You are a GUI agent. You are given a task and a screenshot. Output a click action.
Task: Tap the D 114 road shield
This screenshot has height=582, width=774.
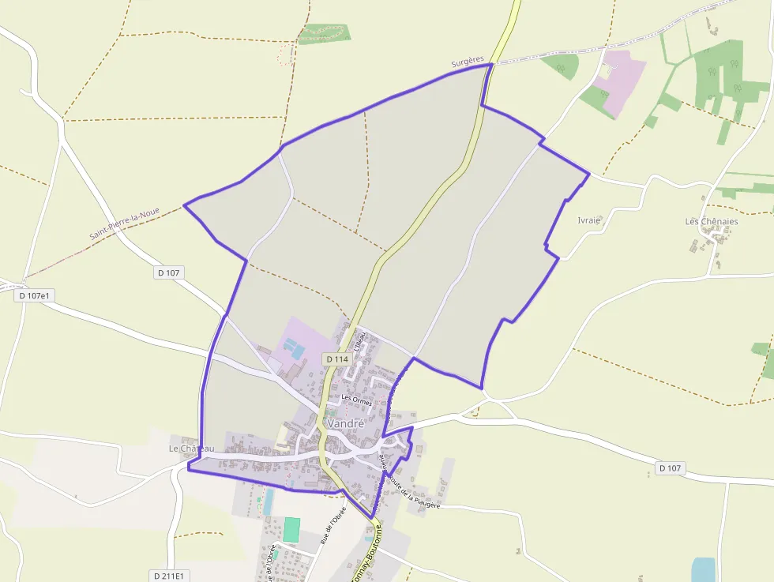pos(336,359)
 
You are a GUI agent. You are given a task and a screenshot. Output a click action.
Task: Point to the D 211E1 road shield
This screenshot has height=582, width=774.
pos(167,576)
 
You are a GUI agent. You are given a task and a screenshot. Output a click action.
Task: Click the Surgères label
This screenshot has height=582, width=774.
pos(468,61)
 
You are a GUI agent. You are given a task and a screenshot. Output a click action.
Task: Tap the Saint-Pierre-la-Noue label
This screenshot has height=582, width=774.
pos(124,224)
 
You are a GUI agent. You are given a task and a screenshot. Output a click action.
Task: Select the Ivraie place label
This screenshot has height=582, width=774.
pos(589,220)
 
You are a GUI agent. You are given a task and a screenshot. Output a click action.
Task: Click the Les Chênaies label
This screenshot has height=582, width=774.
pos(712,221)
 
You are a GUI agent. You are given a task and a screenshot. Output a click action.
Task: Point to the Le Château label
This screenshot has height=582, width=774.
pos(191,449)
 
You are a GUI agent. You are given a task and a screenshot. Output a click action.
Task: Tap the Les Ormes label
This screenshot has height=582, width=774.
pos(356,400)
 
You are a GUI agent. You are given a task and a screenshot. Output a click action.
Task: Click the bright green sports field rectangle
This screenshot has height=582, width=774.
pos(292,529)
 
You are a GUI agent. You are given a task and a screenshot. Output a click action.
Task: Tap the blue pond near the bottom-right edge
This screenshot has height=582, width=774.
pos(702,569)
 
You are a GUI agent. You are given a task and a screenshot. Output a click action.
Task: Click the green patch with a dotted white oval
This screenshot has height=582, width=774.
pos(324,33)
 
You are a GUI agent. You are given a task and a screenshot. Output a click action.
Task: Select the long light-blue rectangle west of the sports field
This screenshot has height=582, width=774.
pos(269,501)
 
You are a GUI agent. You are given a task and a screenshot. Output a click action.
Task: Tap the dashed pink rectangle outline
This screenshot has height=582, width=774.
pos(285,54)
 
